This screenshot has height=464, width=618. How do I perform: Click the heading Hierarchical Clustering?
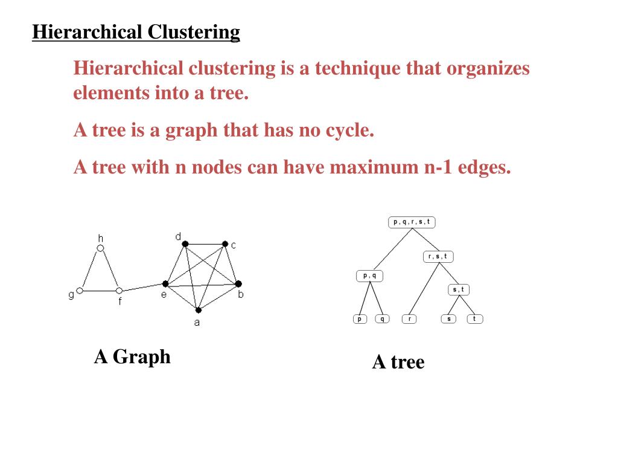[x=136, y=31]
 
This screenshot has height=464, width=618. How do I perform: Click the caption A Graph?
[x=132, y=356]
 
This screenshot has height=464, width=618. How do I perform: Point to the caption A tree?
[x=398, y=362]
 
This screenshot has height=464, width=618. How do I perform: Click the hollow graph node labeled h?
[x=101, y=248]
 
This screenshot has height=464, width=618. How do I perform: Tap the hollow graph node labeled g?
[x=80, y=291]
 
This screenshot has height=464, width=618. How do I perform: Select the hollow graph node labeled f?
[x=119, y=291]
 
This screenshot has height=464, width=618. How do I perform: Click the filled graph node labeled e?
[x=165, y=283]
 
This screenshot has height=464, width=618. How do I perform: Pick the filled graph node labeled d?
[x=185, y=244]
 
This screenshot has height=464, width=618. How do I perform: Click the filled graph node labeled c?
[x=225, y=244]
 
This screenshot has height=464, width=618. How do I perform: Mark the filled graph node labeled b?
[x=238, y=283]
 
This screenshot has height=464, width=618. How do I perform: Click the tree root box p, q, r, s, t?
[x=412, y=222]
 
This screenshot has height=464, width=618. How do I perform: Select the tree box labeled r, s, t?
[x=438, y=257]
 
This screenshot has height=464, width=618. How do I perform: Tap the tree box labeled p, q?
[x=369, y=276]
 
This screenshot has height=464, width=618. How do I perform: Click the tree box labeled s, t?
[x=459, y=290]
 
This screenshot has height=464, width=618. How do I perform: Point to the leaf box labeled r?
[x=409, y=318]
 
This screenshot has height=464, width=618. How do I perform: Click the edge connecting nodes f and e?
[x=142, y=287]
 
